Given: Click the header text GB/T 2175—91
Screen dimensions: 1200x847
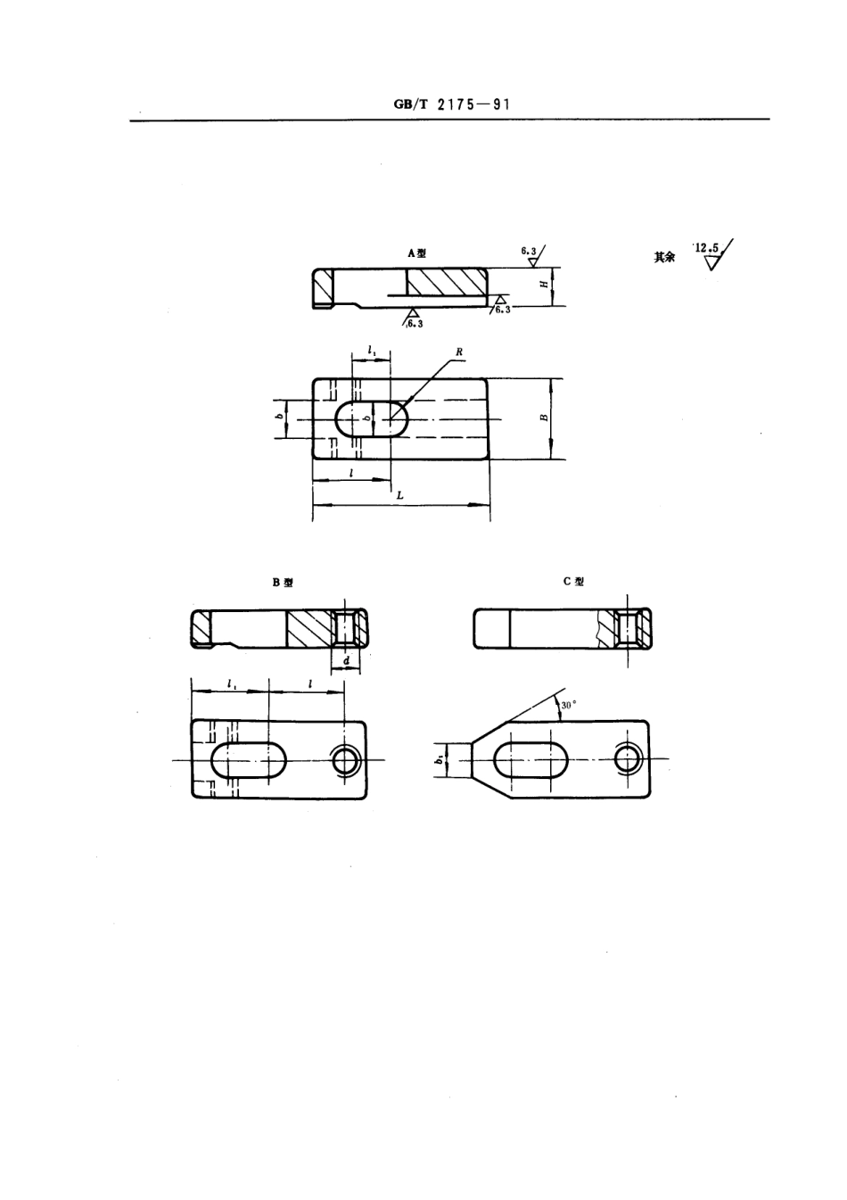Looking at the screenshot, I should click(x=451, y=103).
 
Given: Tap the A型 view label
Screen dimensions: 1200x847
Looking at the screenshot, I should click(x=416, y=253).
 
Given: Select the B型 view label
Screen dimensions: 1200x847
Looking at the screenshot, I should click(x=283, y=583).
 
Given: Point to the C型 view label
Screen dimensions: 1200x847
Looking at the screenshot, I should click(x=573, y=582).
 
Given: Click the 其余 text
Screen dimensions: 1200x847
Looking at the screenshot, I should click(x=663, y=257).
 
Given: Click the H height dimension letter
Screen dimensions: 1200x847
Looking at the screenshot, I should click(x=544, y=285).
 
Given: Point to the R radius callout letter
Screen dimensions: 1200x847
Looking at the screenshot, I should click(x=459, y=352).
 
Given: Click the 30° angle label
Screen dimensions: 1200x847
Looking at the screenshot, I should click(x=569, y=705).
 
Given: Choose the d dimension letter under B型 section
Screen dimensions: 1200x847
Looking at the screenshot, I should click(x=346, y=661).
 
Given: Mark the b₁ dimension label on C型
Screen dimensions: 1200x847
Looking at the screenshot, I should click(x=440, y=759).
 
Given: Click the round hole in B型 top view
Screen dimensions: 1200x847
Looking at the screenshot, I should click(x=345, y=760).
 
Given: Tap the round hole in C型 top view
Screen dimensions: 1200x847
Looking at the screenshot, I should click(x=629, y=758).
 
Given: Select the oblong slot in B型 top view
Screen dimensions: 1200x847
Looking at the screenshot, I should click(x=249, y=760).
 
